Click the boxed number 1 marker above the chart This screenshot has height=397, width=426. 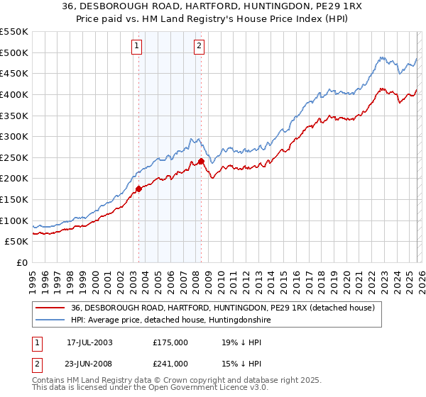coord(136,47)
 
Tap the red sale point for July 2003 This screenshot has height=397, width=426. coord(139,189)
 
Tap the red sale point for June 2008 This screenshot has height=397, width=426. coord(201,161)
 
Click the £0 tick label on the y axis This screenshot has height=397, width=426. coord(21,262)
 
